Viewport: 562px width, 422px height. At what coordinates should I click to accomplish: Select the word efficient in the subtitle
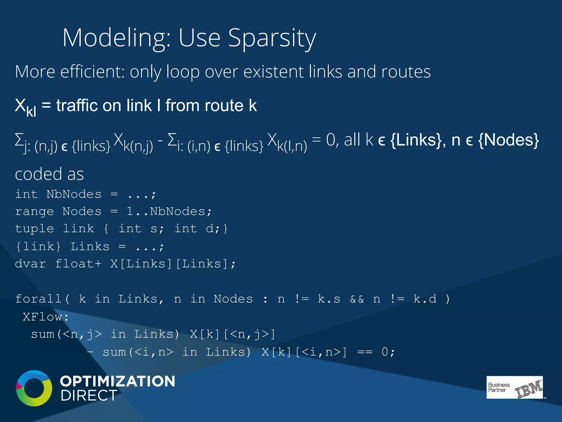point(92,72)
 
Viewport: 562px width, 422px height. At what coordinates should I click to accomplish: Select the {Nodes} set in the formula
point(508,140)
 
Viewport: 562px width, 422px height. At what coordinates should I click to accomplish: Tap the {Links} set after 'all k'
point(417,140)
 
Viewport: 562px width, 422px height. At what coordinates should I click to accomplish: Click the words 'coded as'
point(49,174)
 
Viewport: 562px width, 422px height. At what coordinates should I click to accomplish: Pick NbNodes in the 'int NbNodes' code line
point(74,195)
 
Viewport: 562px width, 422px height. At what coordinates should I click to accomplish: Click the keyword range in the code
point(34,212)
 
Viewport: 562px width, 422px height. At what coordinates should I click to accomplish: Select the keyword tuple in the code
point(34,229)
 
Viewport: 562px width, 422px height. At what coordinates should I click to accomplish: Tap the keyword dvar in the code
point(30,264)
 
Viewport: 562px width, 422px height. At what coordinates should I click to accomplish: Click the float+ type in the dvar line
point(78,264)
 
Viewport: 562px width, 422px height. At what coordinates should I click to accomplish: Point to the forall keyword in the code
point(38,299)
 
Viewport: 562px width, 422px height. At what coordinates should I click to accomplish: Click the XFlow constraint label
point(45,317)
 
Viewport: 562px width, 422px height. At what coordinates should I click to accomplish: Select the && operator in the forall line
point(357,299)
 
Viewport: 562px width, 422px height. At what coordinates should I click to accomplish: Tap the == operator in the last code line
point(365,352)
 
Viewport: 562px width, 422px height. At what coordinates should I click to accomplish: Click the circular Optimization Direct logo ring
point(34,388)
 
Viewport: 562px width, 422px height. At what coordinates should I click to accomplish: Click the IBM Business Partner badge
point(515,387)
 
